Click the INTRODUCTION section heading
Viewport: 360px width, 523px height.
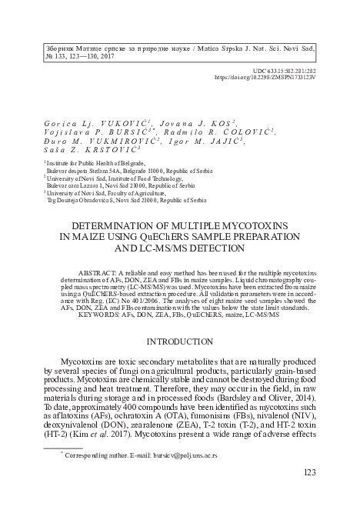pos(179,340)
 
